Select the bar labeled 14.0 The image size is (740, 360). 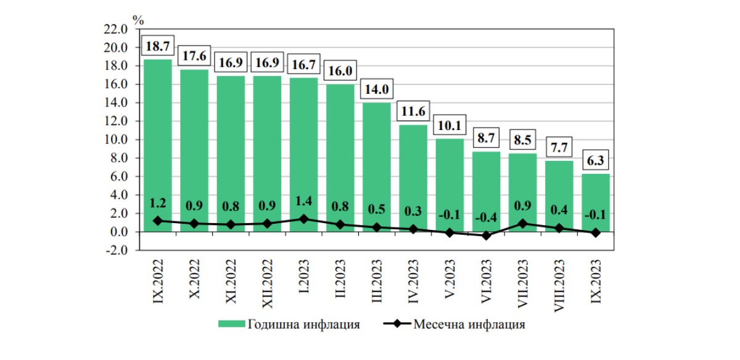coord(376,166)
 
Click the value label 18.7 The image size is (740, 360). coord(158,46)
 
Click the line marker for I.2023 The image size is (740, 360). coord(303,219)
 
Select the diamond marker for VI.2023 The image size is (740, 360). coord(486,235)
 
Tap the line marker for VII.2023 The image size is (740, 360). coord(523,224)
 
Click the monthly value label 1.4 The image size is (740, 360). coord(303,202)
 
